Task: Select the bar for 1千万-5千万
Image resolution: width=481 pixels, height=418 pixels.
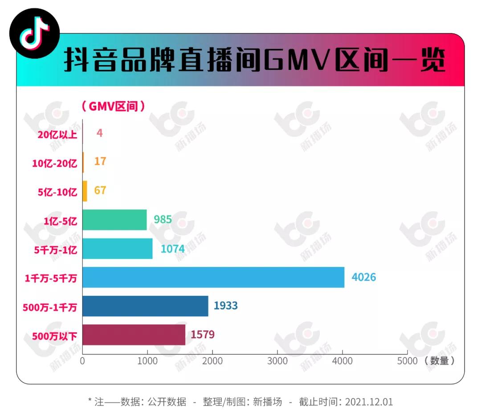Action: click(x=213, y=277)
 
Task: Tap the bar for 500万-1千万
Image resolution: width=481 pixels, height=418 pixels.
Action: click(x=145, y=306)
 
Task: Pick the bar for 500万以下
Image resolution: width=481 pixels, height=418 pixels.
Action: click(x=134, y=335)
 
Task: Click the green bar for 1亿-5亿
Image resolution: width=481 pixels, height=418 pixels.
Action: click(x=114, y=220)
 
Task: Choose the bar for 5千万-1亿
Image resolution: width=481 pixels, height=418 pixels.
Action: click(x=118, y=249)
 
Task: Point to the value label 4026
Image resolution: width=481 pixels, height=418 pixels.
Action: click(x=363, y=277)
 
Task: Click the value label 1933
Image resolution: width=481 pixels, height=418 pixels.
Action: click(x=225, y=306)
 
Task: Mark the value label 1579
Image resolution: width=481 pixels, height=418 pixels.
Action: click(x=203, y=335)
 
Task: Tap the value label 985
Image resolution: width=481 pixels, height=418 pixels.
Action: click(x=163, y=219)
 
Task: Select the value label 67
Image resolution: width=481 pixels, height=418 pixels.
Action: click(x=100, y=190)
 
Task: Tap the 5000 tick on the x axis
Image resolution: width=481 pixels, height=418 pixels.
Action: click(x=407, y=361)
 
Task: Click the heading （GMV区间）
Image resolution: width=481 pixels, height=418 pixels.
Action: click(x=113, y=107)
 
